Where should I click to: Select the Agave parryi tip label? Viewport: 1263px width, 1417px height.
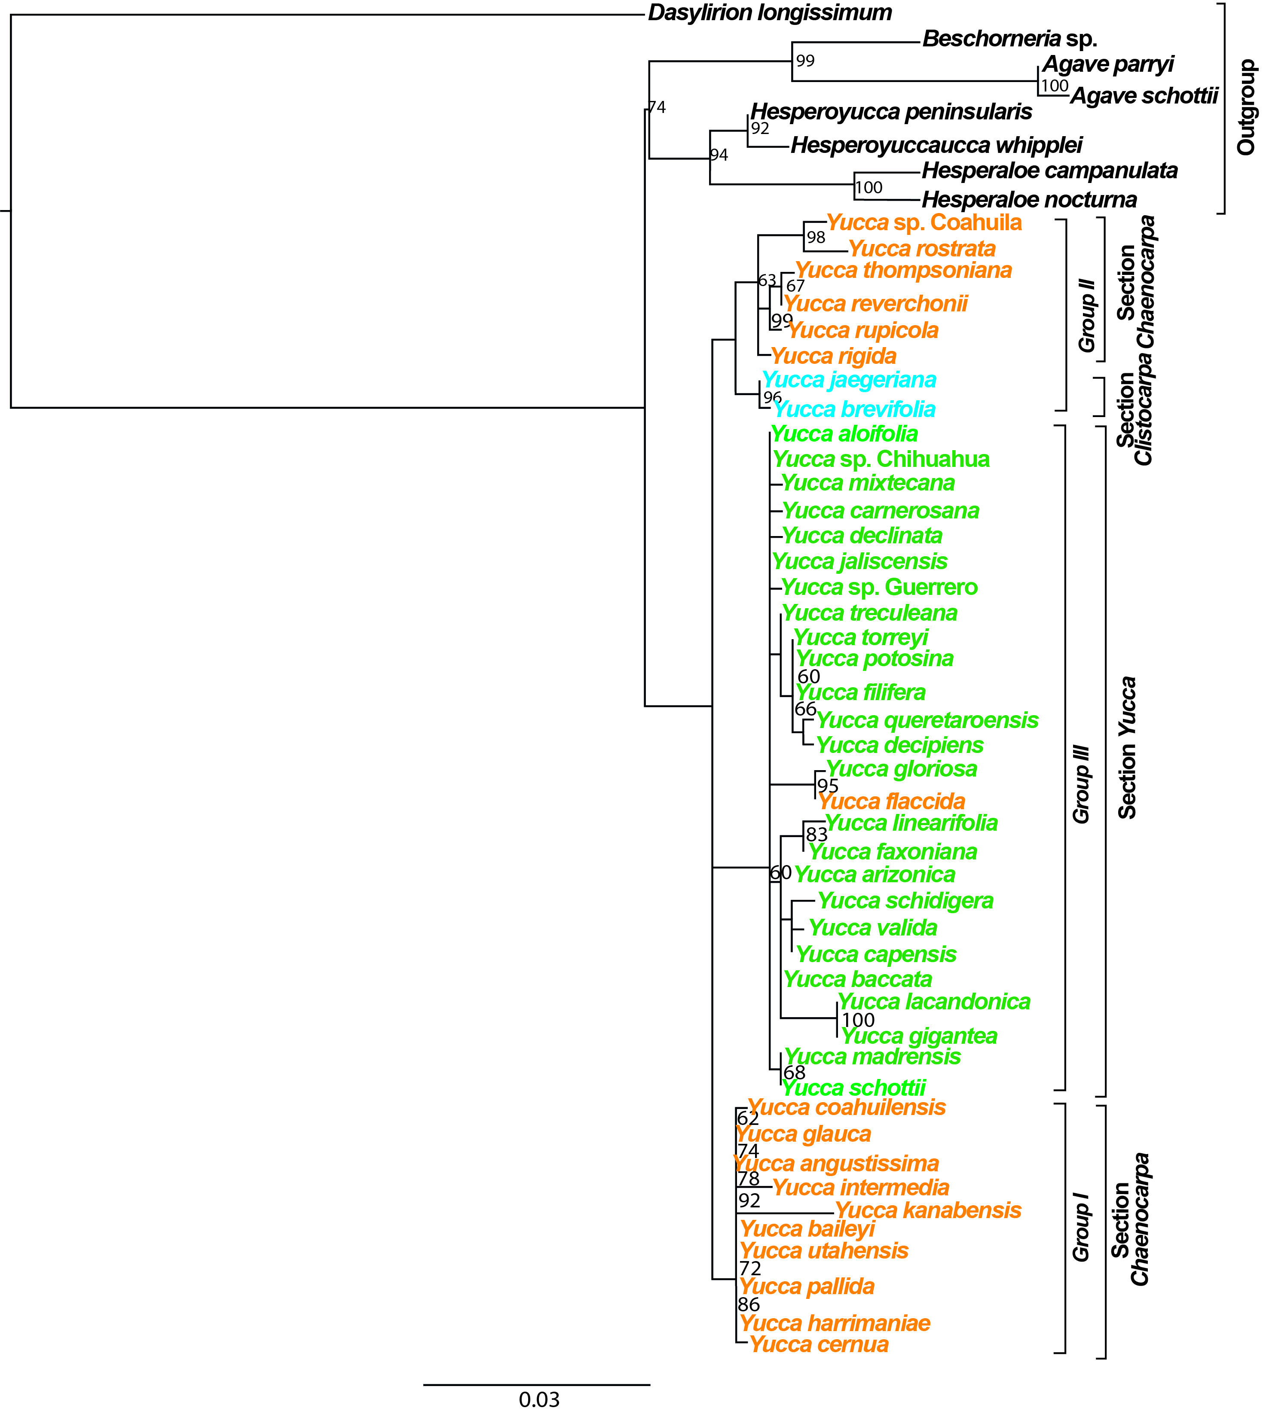[1108, 64]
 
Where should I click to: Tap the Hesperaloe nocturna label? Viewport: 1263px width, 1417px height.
[1029, 200]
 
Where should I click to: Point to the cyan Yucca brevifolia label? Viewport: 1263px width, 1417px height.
[854, 409]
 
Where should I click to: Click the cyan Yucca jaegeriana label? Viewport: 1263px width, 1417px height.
[850, 380]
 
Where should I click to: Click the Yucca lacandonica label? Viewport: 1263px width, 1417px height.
[934, 1002]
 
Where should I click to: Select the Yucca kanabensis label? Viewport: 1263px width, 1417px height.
[928, 1210]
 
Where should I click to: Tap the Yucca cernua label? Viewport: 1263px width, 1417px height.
[819, 1344]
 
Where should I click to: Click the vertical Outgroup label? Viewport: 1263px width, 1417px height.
[1246, 107]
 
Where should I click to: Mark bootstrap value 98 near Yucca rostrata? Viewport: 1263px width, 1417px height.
[816, 237]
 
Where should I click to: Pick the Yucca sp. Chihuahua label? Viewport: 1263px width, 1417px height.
[881, 459]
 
